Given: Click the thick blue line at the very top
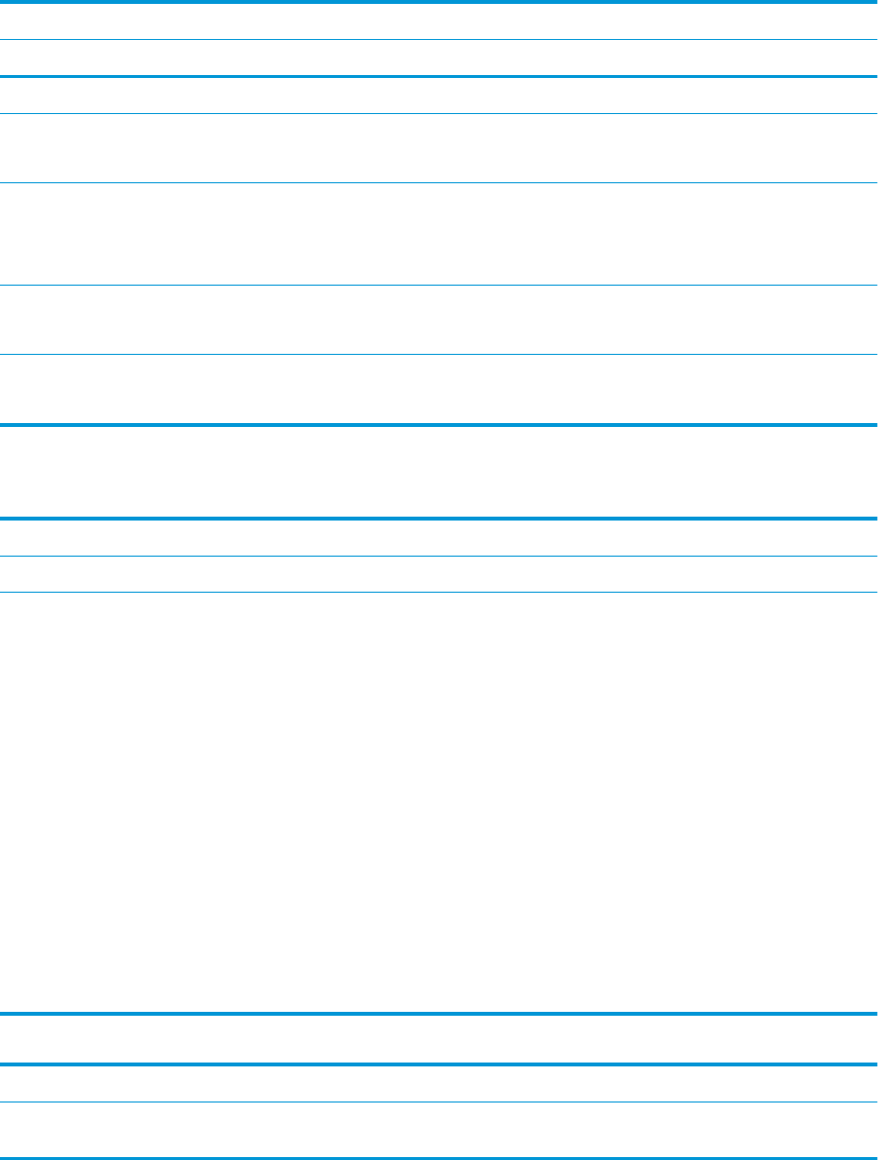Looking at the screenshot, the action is click(439, 3).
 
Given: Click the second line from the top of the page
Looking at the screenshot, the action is click(439, 40).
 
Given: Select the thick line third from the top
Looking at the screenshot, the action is click(439, 76).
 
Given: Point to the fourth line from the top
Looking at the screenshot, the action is click(439, 113).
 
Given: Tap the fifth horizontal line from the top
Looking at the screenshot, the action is click(439, 182).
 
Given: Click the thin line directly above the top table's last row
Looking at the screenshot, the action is click(439, 354).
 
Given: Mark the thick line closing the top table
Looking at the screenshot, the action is click(439, 424).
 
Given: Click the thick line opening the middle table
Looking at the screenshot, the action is click(439, 519).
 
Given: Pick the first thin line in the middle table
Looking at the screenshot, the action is click(439, 557).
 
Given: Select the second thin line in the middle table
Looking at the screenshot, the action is click(439, 592).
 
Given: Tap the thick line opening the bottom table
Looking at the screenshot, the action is click(439, 1064).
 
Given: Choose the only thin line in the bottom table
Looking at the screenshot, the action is click(439, 1102).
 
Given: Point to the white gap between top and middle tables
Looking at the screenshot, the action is click(439, 472).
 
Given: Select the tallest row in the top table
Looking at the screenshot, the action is click(439, 233).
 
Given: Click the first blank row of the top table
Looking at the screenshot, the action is click(439, 21).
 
